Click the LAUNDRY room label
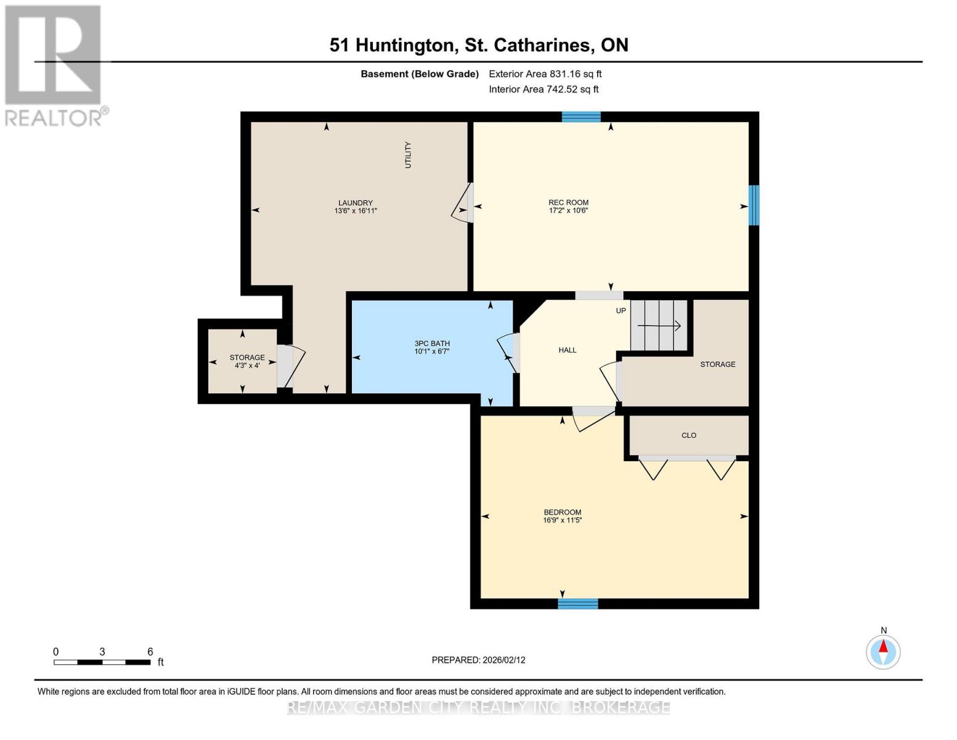click(356, 203)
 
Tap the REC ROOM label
click(568, 202)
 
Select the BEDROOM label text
click(562, 512)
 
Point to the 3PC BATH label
click(431, 343)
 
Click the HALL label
click(567, 350)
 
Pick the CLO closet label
click(688, 435)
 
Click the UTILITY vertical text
click(407, 155)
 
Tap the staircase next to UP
click(659, 325)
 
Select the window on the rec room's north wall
click(580, 117)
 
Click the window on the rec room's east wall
click(753, 205)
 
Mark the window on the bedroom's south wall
click(577, 603)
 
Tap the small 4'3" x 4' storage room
click(243, 361)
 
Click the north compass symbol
click(883, 651)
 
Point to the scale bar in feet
click(102, 662)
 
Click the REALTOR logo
click(54, 65)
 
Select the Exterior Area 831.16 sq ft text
click(545, 74)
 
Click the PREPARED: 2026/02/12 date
click(478, 660)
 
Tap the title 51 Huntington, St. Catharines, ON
click(478, 45)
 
